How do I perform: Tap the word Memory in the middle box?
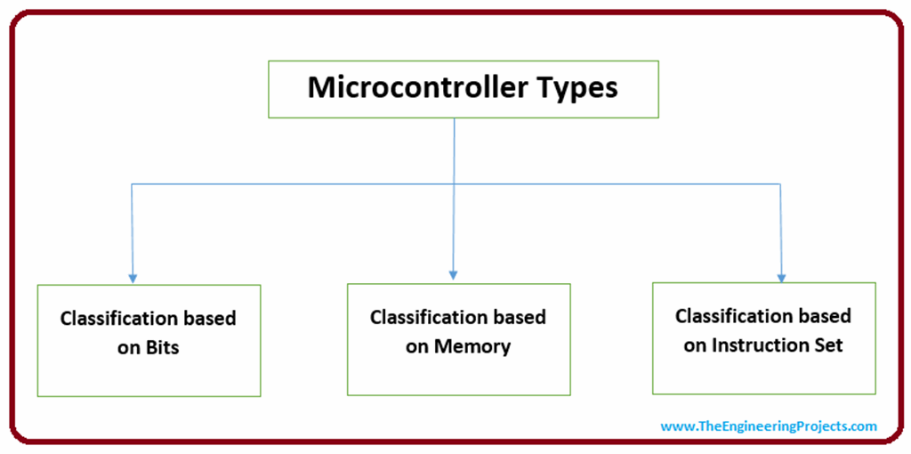[x=472, y=346]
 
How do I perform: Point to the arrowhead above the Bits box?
[x=133, y=278]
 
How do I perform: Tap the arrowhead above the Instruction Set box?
[x=782, y=276]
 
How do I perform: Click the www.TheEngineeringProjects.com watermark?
[x=769, y=426]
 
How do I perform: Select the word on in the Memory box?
[x=417, y=346]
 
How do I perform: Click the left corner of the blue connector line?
[x=133, y=184]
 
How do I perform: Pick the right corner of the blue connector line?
[x=781, y=184]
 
